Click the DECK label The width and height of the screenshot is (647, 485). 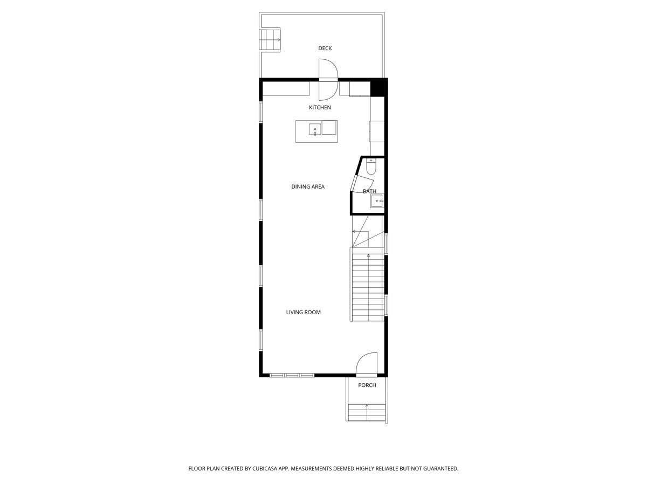(325, 48)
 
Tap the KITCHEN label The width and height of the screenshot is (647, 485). (320, 107)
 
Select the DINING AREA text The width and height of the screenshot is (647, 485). (307, 186)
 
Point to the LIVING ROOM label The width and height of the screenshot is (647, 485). (303, 312)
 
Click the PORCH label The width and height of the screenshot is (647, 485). (367, 385)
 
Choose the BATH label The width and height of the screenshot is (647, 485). (369, 191)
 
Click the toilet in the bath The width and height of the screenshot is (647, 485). (371, 167)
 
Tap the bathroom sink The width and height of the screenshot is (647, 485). (377, 201)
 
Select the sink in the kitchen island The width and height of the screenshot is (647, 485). (314, 129)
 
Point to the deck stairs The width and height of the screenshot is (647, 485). (270, 40)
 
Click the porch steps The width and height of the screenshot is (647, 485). (367, 413)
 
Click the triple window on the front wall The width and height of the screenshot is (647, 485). (292, 375)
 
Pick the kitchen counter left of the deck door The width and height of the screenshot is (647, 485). (286, 88)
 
